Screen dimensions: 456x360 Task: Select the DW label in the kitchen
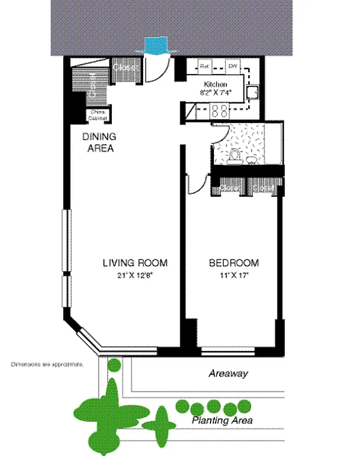233,66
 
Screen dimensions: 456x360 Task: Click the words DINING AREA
99,142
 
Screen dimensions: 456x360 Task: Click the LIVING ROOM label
135,263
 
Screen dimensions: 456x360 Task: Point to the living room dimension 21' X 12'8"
136,274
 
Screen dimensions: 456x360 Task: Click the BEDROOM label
233,263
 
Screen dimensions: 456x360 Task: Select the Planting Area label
222,421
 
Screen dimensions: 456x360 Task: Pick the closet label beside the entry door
124,67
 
